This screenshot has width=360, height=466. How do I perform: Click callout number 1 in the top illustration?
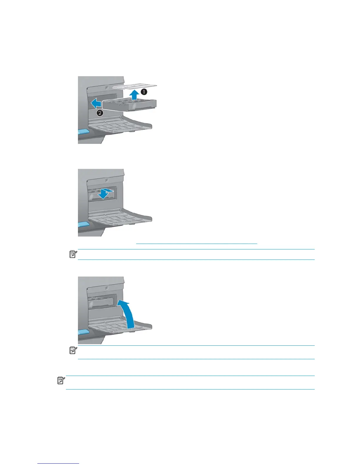tap(144, 92)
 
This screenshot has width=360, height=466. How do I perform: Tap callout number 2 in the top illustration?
tap(100, 113)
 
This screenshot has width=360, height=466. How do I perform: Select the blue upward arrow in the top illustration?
tap(134, 95)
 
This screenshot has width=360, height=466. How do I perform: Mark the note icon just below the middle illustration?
tap(73, 254)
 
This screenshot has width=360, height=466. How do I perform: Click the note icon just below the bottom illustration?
tap(73, 350)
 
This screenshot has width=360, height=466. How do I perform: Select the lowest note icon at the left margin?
tap(61, 381)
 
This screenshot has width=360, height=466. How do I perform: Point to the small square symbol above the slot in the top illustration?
tap(106, 87)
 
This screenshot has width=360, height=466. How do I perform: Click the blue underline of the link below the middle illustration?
tap(196, 244)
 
